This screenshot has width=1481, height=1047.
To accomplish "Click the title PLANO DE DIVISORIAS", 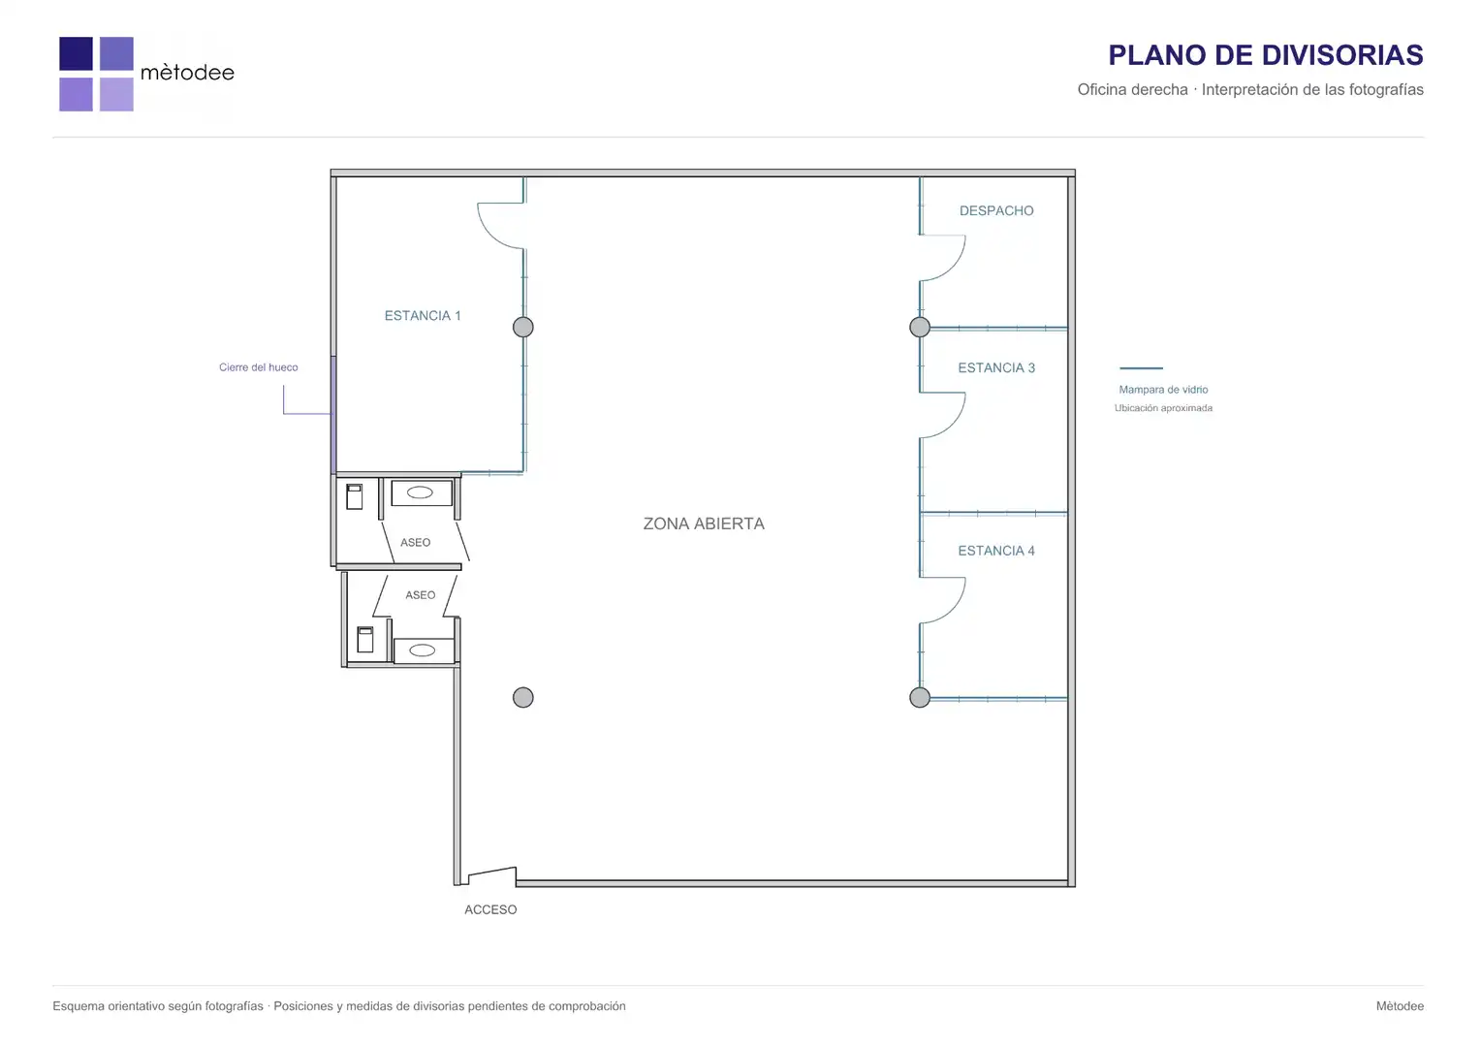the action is (1266, 55).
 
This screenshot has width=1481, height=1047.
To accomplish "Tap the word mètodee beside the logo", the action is (187, 72).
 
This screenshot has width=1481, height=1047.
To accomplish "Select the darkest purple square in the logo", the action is (76, 53).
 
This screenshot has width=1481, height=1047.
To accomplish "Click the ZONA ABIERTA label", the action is (704, 523).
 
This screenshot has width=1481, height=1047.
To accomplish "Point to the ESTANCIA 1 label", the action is (423, 315).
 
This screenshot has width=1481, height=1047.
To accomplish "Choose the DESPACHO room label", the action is (996, 210).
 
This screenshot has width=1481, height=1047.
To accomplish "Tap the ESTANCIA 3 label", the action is (996, 367).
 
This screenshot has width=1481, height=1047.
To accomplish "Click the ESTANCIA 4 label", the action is (996, 551).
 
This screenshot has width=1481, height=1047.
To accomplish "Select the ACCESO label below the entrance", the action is (490, 909).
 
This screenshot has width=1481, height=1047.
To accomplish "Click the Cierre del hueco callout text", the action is (259, 367).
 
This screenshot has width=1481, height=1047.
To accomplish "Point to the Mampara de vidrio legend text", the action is (1163, 390).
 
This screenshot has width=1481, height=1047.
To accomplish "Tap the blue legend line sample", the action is (1141, 367).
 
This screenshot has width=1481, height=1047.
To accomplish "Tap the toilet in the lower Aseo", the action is (365, 640).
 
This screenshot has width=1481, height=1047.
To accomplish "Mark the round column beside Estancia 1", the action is (523, 327).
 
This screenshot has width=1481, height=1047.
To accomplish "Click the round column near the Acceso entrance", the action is (523, 697).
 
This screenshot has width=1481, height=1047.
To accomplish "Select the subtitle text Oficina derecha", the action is (1133, 89).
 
